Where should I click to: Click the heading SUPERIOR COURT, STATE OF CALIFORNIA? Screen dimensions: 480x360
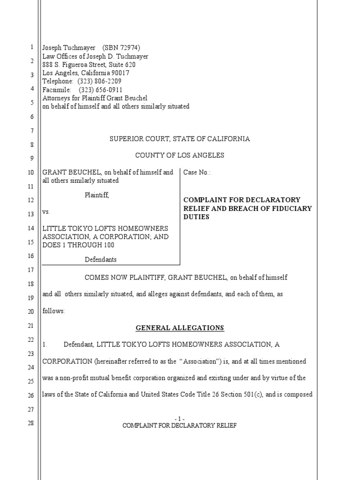(x=180, y=139)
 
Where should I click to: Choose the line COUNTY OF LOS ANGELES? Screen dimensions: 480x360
(x=180, y=155)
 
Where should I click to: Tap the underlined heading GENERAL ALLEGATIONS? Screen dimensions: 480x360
(x=180, y=328)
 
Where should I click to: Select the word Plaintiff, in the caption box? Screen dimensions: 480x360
(x=97, y=195)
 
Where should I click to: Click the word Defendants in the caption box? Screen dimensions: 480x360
(x=100, y=259)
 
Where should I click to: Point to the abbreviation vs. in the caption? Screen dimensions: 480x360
(x=46, y=212)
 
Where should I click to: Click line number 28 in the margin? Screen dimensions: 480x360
(x=31, y=424)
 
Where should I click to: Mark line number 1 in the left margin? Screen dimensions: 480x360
(x=31, y=47)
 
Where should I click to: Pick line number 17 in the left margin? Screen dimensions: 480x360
(x=31, y=270)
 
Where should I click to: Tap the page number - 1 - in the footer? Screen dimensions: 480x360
(x=180, y=419)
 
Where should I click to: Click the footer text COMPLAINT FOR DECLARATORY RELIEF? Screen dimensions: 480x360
(x=180, y=426)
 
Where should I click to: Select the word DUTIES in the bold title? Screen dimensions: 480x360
(x=196, y=217)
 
